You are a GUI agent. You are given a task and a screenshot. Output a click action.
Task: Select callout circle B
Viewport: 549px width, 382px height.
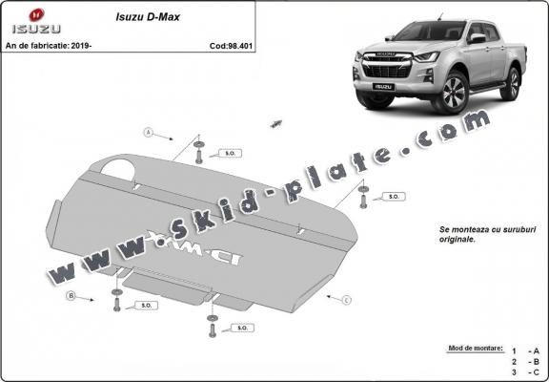coord(71,296)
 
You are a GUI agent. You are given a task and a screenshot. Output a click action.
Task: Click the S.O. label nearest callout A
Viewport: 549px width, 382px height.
coord(230,152)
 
